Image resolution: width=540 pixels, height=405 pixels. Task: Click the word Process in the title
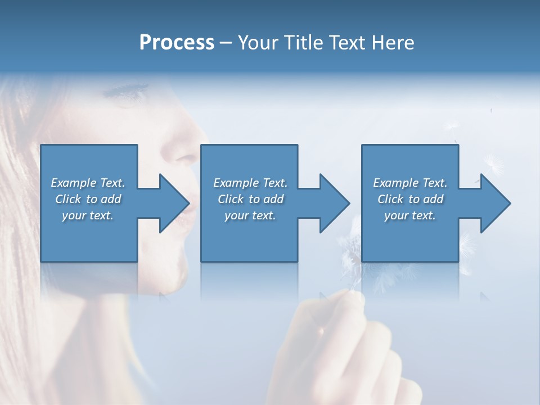click(x=177, y=43)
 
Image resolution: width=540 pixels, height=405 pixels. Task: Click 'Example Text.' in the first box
click(x=88, y=183)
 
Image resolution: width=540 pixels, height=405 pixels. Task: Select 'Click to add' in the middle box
click(x=250, y=199)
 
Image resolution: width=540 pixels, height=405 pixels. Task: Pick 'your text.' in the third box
click(x=409, y=215)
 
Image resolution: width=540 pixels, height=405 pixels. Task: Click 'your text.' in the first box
click(x=88, y=215)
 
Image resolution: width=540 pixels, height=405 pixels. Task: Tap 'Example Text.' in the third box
click(x=409, y=183)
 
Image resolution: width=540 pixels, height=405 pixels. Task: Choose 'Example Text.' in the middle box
click(x=250, y=183)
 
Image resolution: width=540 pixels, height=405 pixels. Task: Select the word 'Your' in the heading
click(x=256, y=43)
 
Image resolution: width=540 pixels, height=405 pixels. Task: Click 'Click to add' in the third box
click(x=409, y=199)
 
